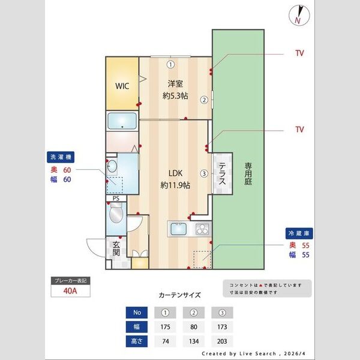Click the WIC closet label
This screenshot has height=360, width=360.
tap(122, 86)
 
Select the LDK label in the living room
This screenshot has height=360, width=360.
tap(175, 174)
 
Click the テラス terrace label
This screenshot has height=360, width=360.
tap(221, 173)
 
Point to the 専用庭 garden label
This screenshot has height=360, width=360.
tap(247, 175)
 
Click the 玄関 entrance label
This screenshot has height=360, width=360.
tap(116, 248)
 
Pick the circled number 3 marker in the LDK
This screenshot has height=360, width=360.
tap(204, 174)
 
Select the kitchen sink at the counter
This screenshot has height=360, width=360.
tap(179, 229)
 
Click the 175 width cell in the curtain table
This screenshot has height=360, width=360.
tap(165, 327)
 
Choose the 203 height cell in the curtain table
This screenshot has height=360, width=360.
tap(222, 342)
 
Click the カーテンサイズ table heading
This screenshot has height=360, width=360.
tap(179, 295)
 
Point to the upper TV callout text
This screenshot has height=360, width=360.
tap(299, 53)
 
